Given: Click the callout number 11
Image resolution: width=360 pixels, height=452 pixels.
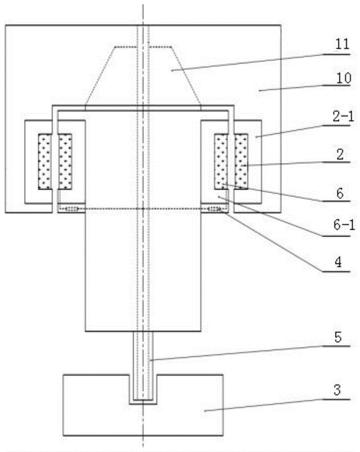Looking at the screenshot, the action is coord(342,44).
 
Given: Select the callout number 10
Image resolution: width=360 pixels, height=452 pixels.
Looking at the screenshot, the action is coord(343,78).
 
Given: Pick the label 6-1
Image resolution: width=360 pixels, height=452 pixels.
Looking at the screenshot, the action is coord(344,225).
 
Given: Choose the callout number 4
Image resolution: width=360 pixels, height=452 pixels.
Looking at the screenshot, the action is coord(338,262).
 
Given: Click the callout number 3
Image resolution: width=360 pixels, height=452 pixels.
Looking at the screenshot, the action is coord(337,390).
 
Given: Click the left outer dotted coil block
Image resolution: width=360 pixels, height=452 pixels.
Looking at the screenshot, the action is coord(45,161).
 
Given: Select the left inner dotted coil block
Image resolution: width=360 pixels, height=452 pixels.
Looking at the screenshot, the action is coord(65,161).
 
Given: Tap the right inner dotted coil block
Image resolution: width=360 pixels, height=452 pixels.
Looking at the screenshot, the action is coord(221,161).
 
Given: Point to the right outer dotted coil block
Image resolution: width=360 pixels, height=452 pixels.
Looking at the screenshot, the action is coord(241,161).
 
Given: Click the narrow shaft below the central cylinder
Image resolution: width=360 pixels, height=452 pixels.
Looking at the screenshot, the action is coord(143,366).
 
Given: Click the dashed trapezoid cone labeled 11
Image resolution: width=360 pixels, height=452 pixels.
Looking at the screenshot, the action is coord(143,75).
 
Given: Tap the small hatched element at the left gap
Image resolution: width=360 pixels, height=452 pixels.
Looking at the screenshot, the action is coord(72,209).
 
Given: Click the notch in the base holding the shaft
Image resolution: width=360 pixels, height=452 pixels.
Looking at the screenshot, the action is coord(143,389).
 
